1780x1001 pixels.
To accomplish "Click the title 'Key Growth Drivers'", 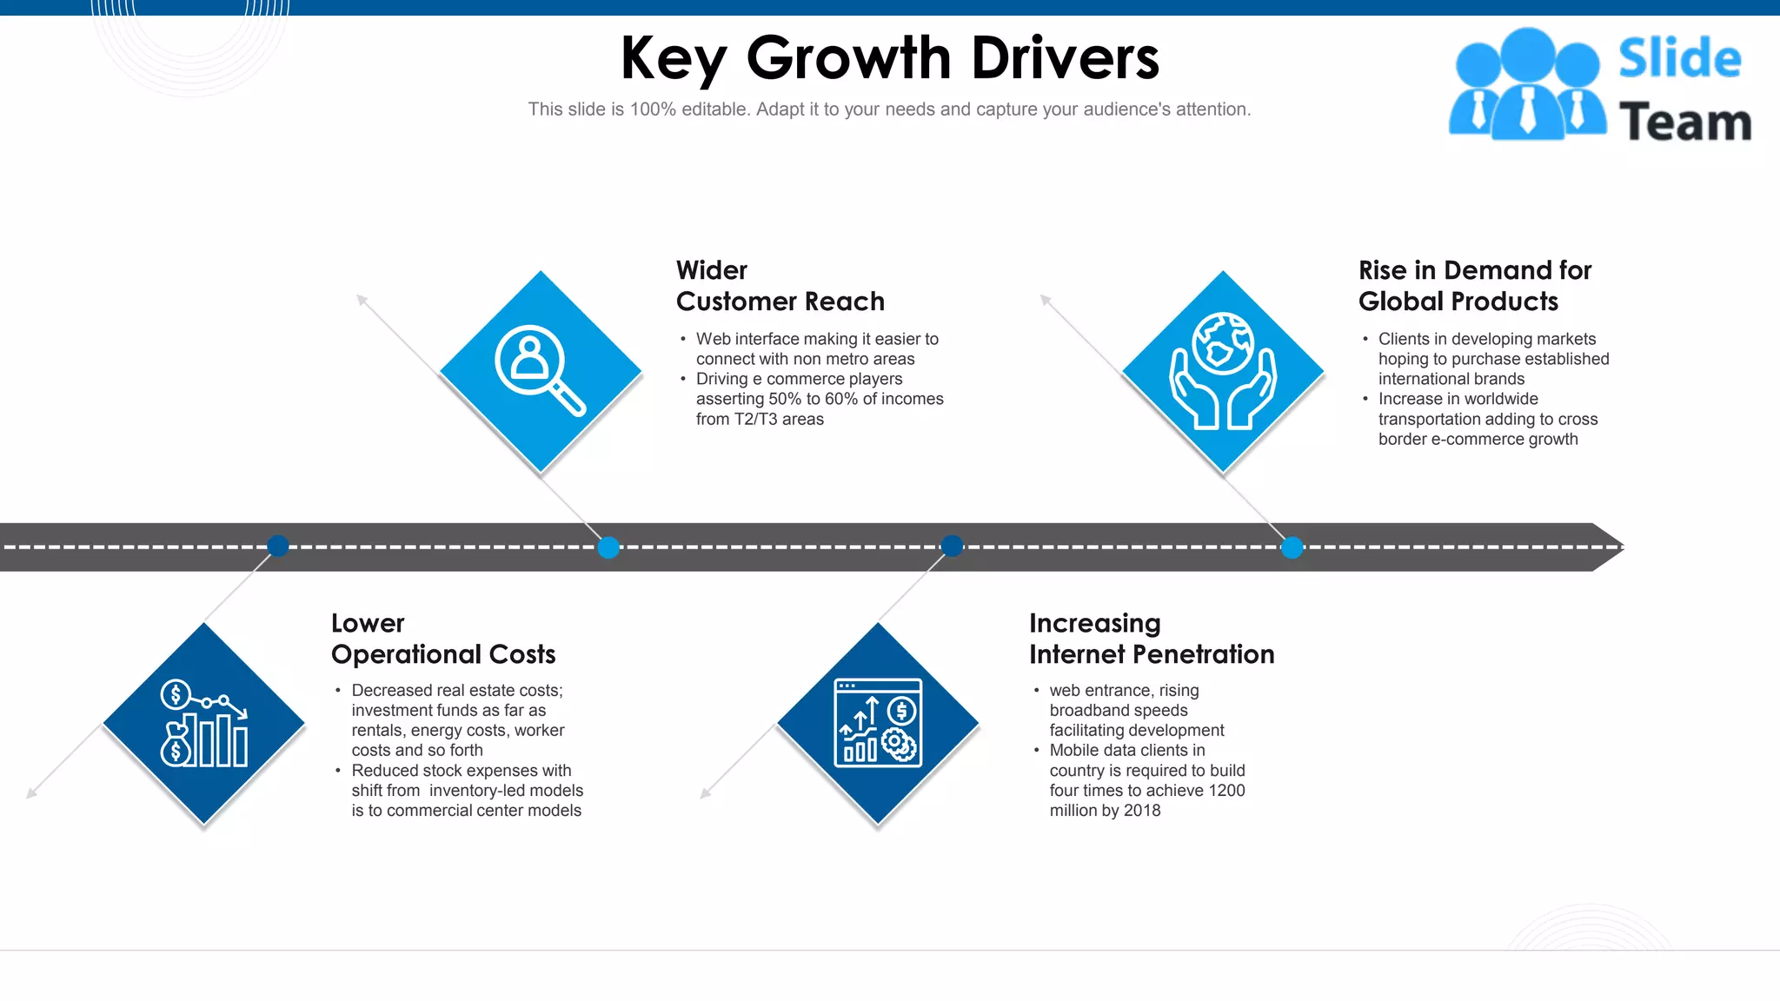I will (889, 58).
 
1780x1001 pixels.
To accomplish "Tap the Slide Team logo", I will (1599, 85).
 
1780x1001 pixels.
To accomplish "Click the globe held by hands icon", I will (1223, 371).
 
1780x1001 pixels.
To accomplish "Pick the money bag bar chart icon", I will (204, 723).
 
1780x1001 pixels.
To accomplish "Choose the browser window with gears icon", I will (878, 723).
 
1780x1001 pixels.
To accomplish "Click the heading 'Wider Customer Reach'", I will (780, 286).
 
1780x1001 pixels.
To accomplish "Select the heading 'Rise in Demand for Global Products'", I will (1474, 286).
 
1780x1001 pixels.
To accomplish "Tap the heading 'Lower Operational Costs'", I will (442, 639).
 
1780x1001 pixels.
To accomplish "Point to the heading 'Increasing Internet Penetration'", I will (1151, 639).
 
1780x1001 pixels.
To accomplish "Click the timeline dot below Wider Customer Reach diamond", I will (608, 547).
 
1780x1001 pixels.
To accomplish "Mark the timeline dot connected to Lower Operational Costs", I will (278, 546).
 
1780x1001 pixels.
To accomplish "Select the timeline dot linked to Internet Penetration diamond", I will (953, 546).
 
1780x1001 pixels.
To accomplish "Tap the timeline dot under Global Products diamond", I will (1292, 547).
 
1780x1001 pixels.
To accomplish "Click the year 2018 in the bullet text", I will (1142, 811).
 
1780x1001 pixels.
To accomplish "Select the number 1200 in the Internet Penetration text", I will (1225, 791).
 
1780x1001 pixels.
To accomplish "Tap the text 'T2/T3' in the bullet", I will (755, 419).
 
